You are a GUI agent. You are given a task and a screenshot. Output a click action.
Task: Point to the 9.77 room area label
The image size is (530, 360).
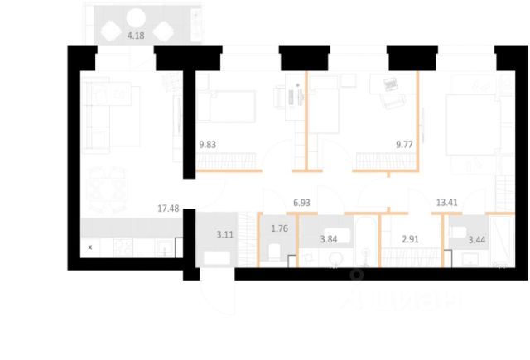tap(404, 142)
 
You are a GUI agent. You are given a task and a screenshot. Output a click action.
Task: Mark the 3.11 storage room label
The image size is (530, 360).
tap(225, 234)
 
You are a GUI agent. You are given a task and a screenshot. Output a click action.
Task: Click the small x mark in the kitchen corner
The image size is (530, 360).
tap(89, 247)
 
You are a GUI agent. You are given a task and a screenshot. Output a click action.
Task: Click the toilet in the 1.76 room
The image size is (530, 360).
tap(275, 252)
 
